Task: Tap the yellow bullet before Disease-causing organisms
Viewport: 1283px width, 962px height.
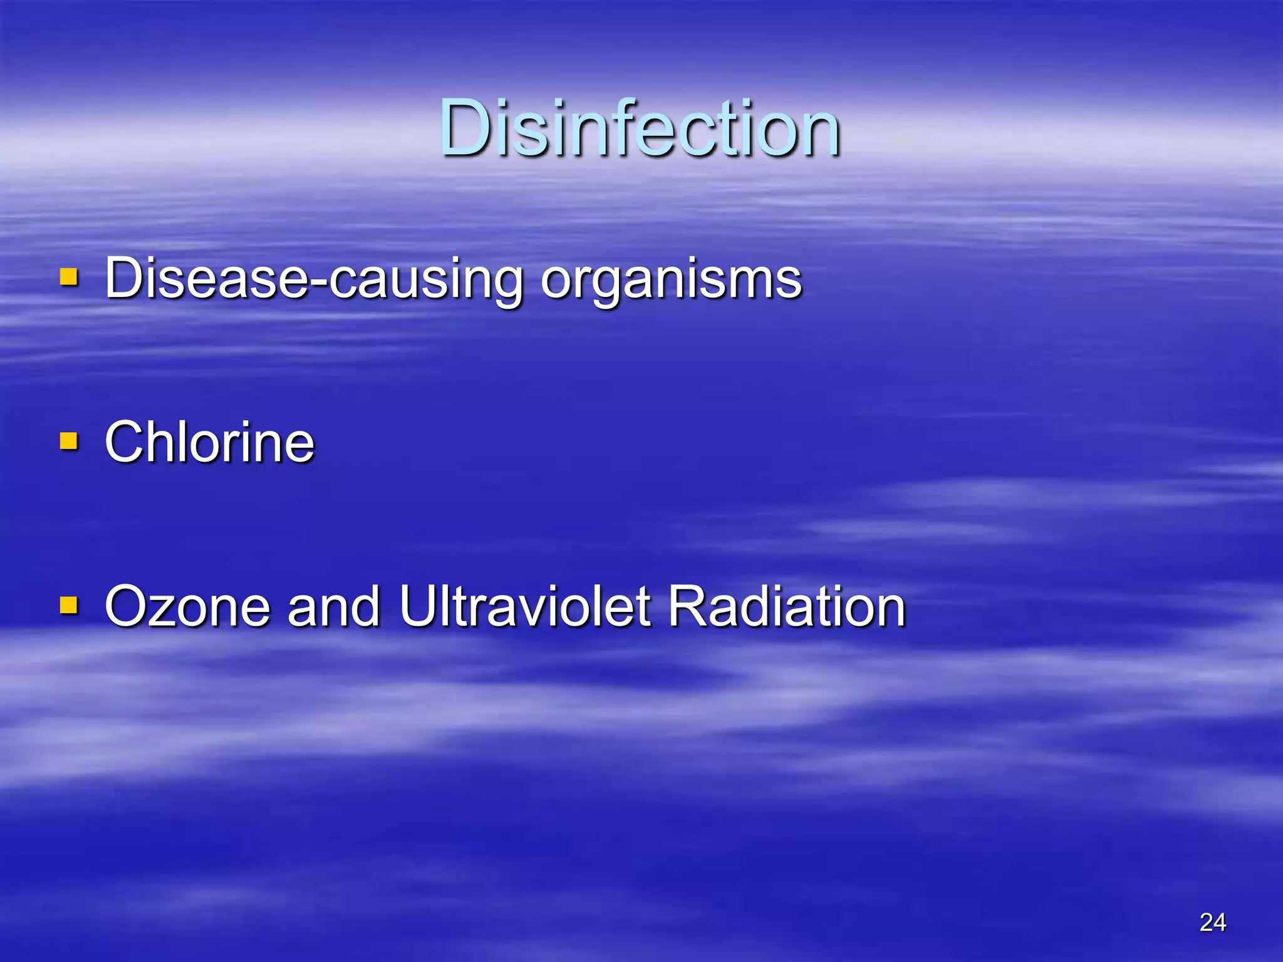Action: tap(69, 277)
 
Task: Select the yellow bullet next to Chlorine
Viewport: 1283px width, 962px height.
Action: tap(69, 441)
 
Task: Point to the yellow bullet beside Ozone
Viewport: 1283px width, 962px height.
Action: tap(69, 605)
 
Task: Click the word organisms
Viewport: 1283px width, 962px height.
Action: tap(671, 279)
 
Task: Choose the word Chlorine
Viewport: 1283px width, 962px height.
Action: tap(209, 442)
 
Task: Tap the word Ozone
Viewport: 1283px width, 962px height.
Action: tap(187, 606)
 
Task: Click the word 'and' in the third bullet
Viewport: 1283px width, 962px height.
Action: tap(333, 606)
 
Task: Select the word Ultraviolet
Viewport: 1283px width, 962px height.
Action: tap(525, 606)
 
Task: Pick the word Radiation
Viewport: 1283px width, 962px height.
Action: tap(787, 606)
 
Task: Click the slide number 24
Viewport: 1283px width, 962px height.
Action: tap(1213, 922)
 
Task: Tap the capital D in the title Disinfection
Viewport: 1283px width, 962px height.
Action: tap(466, 128)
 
